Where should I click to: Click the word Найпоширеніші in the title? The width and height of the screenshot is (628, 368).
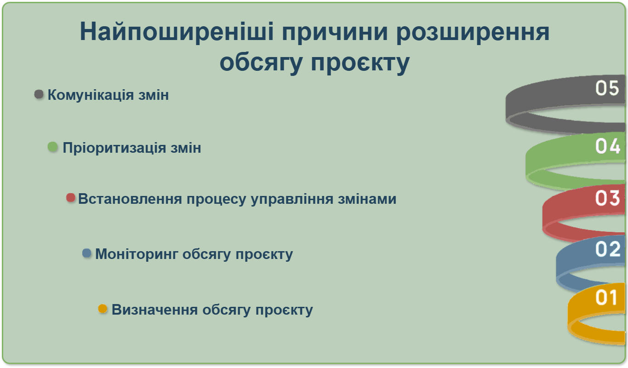tap(177, 32)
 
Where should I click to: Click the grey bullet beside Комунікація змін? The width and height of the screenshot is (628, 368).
tap(39, 94)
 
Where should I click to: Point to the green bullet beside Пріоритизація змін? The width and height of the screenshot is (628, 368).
tap(52, 147)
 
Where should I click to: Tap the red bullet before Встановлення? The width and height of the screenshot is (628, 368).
tap(71, 198)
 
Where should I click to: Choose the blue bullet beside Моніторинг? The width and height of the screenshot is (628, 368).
tap(86, 253)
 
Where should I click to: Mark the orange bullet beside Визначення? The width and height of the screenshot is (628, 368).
tap(103, 309)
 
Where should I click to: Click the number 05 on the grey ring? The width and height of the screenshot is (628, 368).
tap(607, 88)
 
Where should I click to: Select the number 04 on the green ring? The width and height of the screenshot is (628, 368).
tap(607, 146)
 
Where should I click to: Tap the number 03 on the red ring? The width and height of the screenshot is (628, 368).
tap(607, 198)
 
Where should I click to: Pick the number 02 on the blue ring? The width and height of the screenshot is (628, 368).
tap(607, 249)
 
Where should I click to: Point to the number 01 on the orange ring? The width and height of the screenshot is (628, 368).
tap(606, 297)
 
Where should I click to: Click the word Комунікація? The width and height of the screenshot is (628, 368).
tap(91, 95)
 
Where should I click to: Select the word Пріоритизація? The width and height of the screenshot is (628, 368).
tap(114, 148)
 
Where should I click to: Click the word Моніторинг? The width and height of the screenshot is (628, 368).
tap(137, 254)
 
